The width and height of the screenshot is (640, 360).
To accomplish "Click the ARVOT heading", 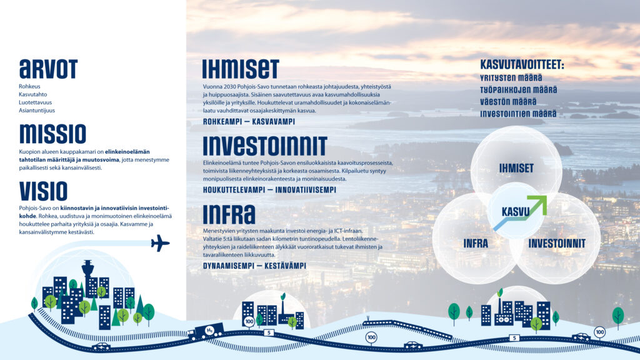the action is pyautogui.click(x=48, y=69).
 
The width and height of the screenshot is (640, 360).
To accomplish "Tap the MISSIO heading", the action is pyautogui.click(x=52, y=134).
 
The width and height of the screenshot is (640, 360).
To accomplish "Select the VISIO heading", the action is pyautogui.click(x=43, y=191).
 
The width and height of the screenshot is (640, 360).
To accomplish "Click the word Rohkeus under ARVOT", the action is pyautogui.click(x=29, y=86).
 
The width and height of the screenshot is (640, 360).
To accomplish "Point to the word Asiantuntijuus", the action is pyautogui.click(x=37, y=110).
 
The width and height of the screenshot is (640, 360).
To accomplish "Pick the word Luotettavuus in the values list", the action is pyautogui.click(x=35, y=102).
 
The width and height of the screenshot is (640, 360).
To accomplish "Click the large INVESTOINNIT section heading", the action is pyautogui.click(x=265, y=146).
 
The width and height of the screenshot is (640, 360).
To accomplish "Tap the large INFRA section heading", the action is pyautogui.click(x=229, y=214).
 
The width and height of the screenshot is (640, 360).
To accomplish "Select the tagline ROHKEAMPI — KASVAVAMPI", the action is pyautogui.click(x=249, y=122).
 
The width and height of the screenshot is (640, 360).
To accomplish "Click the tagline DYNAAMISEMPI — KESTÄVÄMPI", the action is pyautogui.click(x=254, y=266).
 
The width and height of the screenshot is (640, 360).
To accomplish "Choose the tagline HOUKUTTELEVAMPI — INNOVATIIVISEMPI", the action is pyautogui.click(x=269, y=190).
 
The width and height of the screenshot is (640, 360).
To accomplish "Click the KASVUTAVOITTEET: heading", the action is pyautogui.click(x=522, y=64).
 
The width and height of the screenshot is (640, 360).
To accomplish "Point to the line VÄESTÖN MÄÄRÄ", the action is pyautogui.click(x=508, y=102).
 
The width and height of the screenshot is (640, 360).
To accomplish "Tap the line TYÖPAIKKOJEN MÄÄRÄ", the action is pyautogui.click(x=518, y=90).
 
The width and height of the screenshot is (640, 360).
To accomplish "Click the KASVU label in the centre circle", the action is pyautogui.click(x=516, y=212).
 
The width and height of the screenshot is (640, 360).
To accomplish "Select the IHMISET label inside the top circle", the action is pyautogui.click(x=516, y=168).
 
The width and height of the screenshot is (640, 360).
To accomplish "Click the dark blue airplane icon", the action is pyautogui.click(x=160, y=243).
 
